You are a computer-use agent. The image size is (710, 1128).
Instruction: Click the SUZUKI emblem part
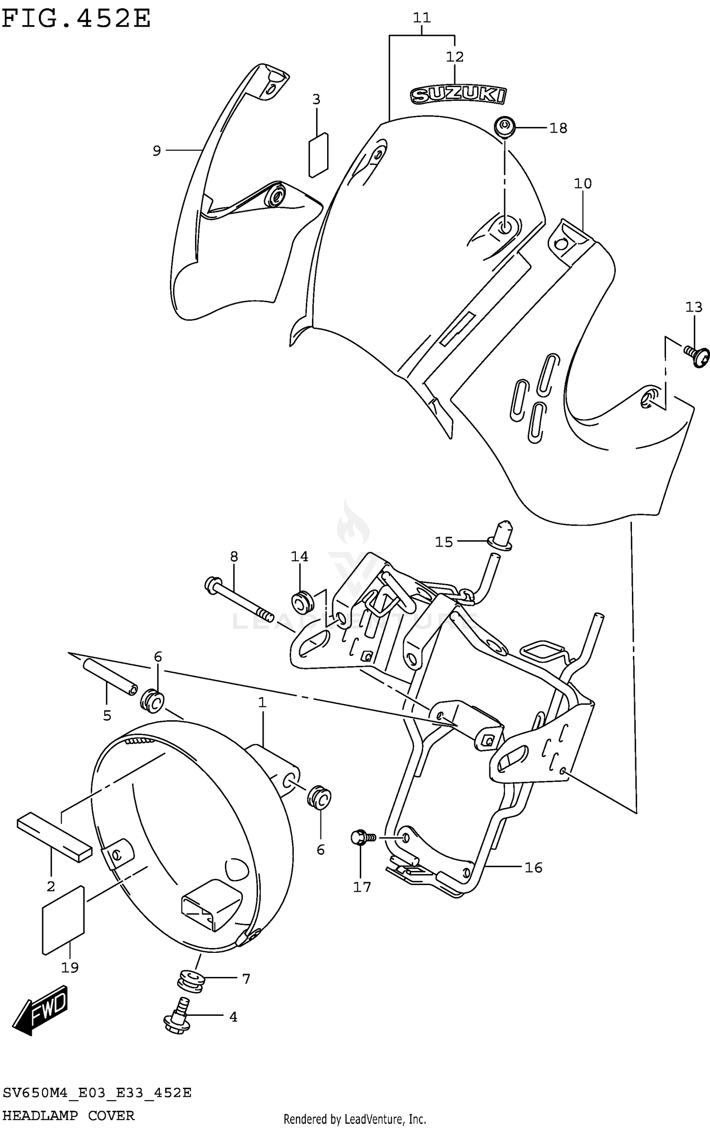coord(458,95)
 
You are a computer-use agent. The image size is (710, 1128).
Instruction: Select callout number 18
coord(558,128)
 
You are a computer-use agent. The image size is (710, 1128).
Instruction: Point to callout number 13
coord(694,307)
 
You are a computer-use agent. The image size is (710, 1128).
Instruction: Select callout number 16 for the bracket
coord(533,868)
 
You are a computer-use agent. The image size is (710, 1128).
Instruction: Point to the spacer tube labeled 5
coord(110,678)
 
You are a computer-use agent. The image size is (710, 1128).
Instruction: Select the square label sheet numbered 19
coord(63,920)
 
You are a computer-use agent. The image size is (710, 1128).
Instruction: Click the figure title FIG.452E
coord(76,19)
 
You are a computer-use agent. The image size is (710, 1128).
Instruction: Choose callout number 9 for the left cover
coord(157,151)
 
